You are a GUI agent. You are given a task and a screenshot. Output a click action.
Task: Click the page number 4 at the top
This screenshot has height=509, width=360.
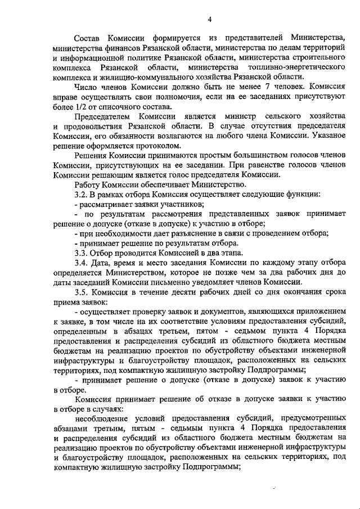click(209, 19)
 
